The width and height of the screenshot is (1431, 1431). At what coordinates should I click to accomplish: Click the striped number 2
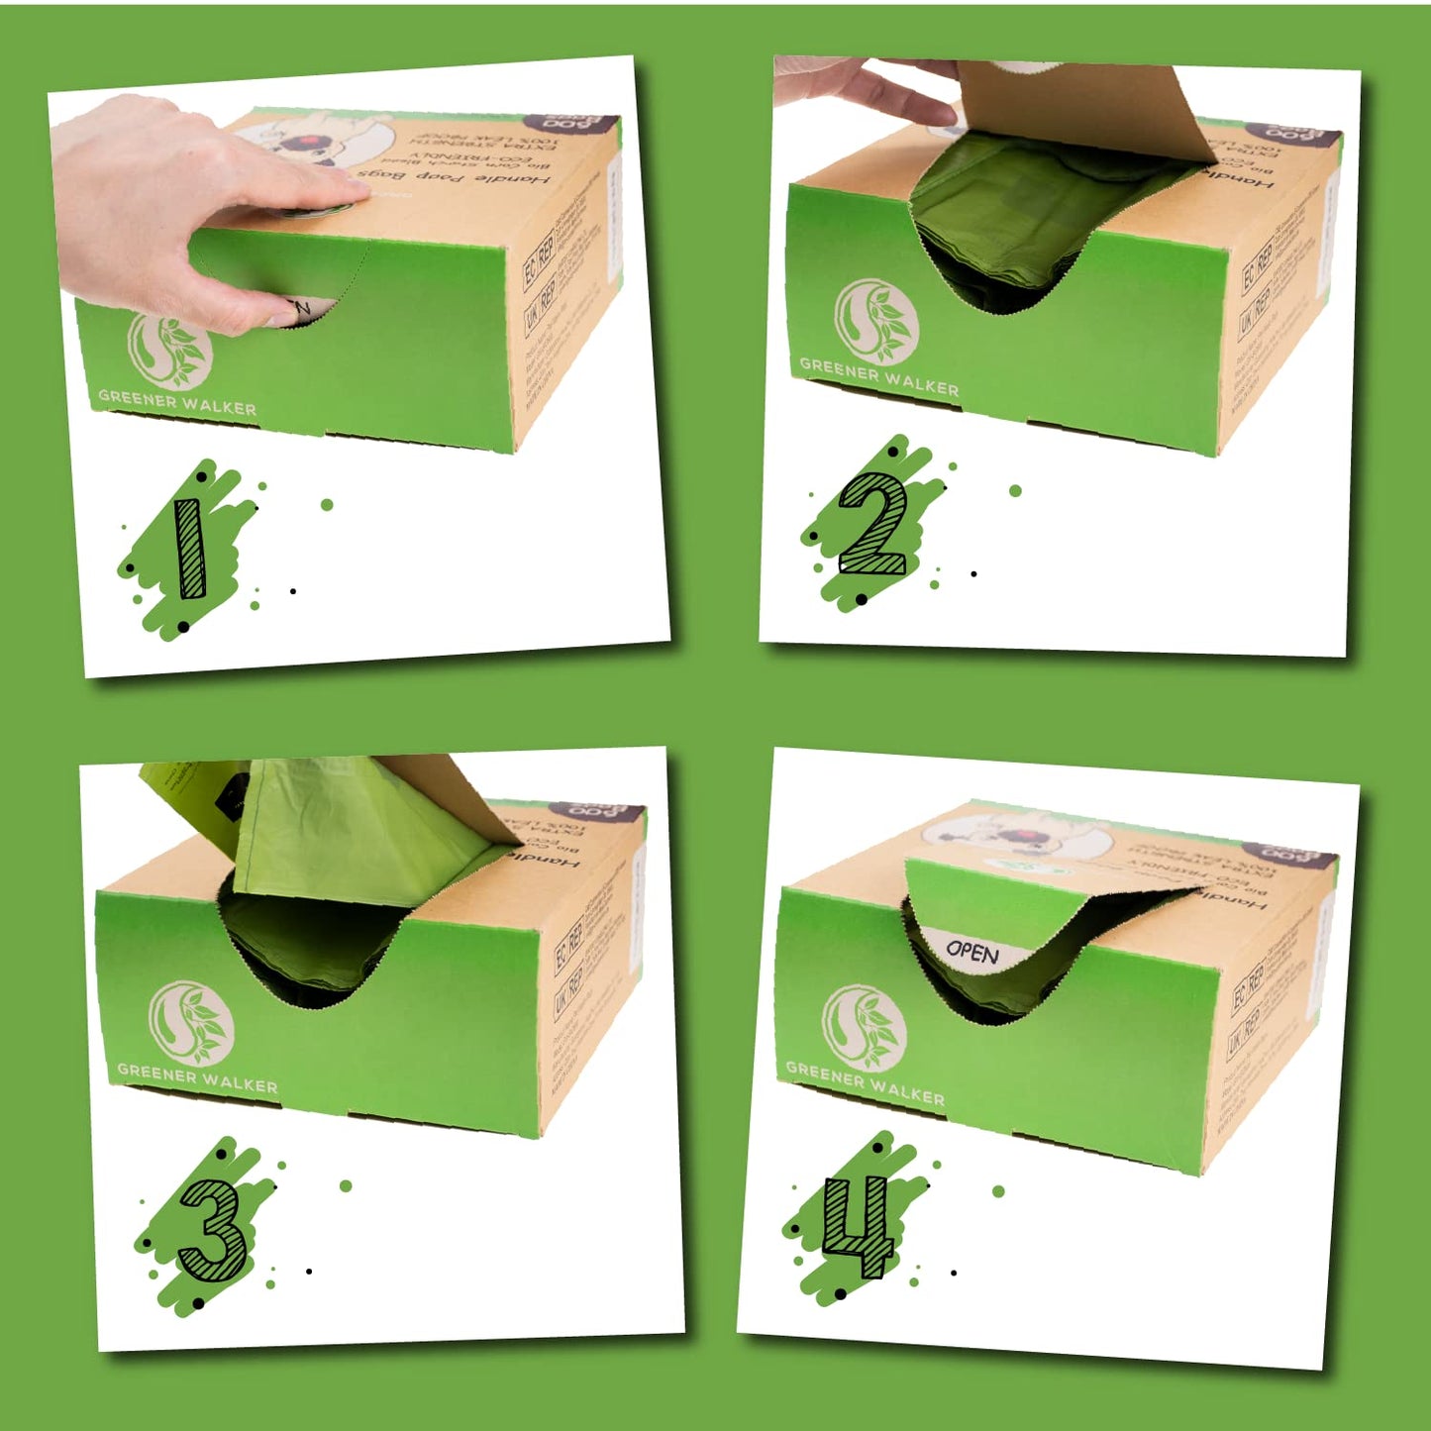[872, 524]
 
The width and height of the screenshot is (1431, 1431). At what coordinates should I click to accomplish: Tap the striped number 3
[211, 1231]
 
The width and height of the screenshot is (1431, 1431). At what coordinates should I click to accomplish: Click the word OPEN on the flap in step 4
[971, 952]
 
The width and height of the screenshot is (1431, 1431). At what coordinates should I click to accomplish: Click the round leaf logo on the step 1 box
[169, 350]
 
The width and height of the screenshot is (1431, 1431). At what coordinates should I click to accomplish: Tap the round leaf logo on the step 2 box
[875, 321]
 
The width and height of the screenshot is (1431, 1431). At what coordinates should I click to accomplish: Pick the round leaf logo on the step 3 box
[191, 1024]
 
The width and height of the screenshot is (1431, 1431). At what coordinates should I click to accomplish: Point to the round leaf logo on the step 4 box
[864, 1028]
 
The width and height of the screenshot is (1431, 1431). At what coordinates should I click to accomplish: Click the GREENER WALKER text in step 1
[177, 402]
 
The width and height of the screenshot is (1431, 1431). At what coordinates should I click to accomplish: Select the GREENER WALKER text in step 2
[878, 376]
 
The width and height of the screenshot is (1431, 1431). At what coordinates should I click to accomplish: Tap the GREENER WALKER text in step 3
[197, 1077]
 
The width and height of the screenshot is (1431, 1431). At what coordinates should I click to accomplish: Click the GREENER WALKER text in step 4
[865, 1082]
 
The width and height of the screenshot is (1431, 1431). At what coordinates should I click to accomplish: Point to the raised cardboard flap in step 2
[1079, 109]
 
